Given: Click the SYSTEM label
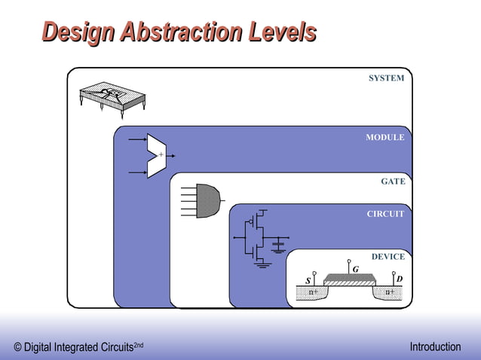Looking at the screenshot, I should click(386, 78).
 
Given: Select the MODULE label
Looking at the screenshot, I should click(384, 138).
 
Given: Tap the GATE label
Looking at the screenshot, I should click(393, 182).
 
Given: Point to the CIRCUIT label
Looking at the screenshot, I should click(385, 214).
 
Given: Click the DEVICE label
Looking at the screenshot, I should click(388, 257).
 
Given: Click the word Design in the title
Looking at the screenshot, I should click(78, 32).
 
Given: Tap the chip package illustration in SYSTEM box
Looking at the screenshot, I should click(112, 97).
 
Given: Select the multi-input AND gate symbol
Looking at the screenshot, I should click(207, 200).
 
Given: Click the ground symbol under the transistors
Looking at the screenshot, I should click(262, 264).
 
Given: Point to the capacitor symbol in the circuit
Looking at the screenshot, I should click(278, 244).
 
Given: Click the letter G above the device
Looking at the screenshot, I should click(355, 270).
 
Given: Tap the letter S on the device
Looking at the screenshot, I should click(308, 281).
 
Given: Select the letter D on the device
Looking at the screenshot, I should click(399, 279).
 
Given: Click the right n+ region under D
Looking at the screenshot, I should click(390, 292).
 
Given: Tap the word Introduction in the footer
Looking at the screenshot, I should click(435, 347).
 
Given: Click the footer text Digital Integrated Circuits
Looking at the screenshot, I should click(78, 348).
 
